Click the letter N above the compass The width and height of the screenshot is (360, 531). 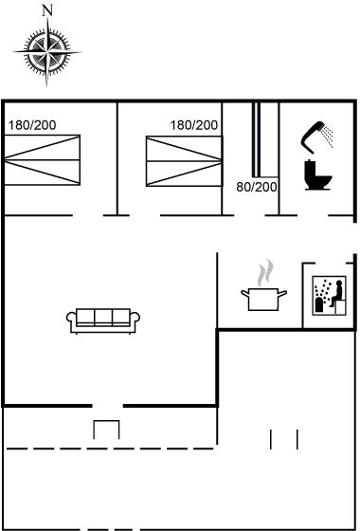[x=47, y=10]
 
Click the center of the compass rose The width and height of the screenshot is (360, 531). [x=47, y=52]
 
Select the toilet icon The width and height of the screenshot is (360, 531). [x=317, y=174]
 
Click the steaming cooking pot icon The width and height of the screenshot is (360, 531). [x=263, y=299]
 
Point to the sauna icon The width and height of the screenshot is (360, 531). [x=330, y=296]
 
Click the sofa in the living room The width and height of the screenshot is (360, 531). [x=103, y=320]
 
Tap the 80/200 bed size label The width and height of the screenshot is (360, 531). [x=257, y=187]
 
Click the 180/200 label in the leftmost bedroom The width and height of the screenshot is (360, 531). [x=32, y=125]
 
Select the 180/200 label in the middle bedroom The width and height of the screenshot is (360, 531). [x=194, y=125]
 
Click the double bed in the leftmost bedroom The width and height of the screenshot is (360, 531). [x=42, y=160]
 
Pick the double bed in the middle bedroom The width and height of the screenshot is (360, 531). [x=185, y=161]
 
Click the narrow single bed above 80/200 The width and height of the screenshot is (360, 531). [x=265, y=139]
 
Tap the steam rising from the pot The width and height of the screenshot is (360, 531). [x=265, y=272]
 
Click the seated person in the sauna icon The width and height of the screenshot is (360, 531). [x=336, y=294]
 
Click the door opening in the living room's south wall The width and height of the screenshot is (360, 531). [x=108, y=406]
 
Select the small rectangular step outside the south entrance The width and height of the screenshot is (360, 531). [x=106, y=430]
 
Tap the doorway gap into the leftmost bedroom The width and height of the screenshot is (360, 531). [x=87, y=215]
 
